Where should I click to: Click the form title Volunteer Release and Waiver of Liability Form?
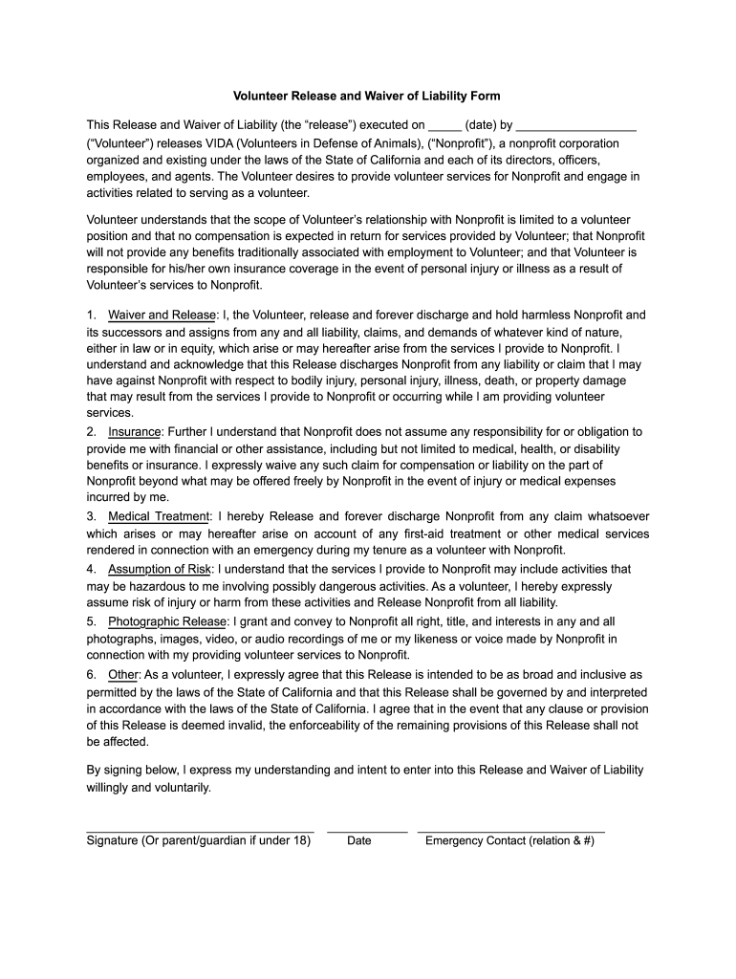[367, 97]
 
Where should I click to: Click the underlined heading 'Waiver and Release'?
[162, 315]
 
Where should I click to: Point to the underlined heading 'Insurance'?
[135, 432]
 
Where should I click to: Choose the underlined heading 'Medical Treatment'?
[158, 516]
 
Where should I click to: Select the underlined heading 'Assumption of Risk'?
[160, 569]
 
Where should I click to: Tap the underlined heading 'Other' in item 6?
[123, 675]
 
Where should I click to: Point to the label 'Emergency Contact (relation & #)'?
[509, 841]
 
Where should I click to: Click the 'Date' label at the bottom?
[359, 841]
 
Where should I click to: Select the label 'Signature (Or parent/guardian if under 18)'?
[199, 841]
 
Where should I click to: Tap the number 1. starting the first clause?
[91, 315]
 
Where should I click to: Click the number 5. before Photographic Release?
[91, 622]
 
